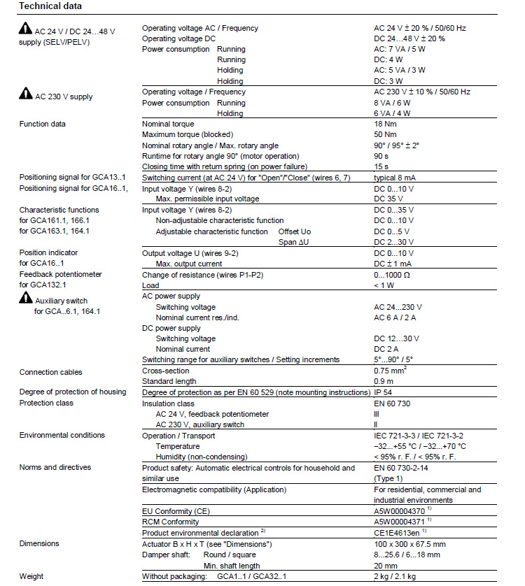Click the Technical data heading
click(50, 6)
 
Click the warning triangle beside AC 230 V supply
click(25, 94)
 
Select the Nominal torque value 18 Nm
click(386, 124)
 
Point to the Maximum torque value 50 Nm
click(386, 134)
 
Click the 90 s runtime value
click(381, 156)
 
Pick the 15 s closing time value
click(381, 166)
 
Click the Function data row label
click(43, 124)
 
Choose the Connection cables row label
click(50, 372)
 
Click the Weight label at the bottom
click(31, 576)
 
